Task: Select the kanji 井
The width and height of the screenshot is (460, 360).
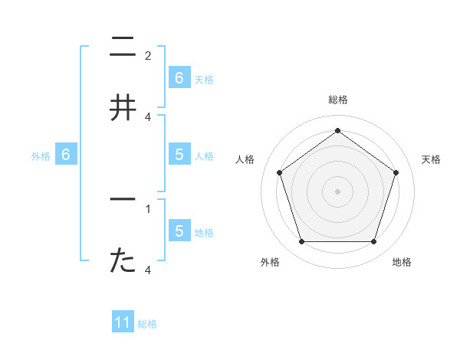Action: click(x=123, y=108)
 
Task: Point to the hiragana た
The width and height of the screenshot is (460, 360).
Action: click(x=123, y=260)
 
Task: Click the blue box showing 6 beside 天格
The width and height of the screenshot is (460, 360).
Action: click(x=179, y=77)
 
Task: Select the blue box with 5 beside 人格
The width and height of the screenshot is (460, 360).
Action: click(x=179, y=154)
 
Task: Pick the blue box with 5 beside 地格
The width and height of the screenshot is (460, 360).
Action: click(x=179, y=231)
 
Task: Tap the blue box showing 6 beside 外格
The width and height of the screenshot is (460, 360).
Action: click(x=66, y=155)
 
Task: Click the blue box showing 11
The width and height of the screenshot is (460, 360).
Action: click(x=123, y=322)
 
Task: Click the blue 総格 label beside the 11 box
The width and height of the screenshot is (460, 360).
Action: click(x=147, y=324)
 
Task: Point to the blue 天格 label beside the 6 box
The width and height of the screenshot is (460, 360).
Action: click(x=204, y=79)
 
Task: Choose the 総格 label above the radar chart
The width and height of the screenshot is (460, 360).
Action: click(x=337, y=100)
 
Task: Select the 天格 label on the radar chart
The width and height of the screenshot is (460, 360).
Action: click(x=432, y=159)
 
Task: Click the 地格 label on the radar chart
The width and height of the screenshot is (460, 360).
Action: click(x=402, y=263)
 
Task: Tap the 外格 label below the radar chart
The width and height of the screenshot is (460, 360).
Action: click(x=270, y=263)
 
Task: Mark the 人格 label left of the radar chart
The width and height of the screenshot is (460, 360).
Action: click(x=245, y=159)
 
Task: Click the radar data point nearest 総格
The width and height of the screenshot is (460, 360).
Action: click(x=337, y=131)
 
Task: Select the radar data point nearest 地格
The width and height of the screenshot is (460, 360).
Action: click(x=373, y=241)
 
